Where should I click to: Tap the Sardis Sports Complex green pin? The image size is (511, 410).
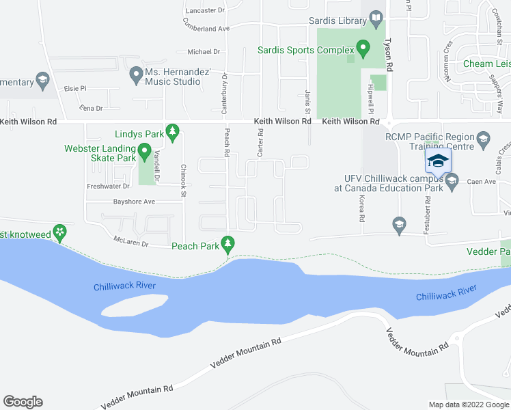[x=363, y=50]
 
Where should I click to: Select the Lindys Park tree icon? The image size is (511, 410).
[x=173, y=131]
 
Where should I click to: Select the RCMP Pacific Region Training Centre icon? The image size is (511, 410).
[x=483, y=139]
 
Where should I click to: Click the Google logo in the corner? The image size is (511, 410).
[x=23, y=402]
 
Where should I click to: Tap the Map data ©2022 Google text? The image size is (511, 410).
[x=468, y=405]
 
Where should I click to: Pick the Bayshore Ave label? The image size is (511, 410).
[x=135, y=202]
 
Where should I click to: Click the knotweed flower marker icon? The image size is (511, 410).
[x=60, y=233]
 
